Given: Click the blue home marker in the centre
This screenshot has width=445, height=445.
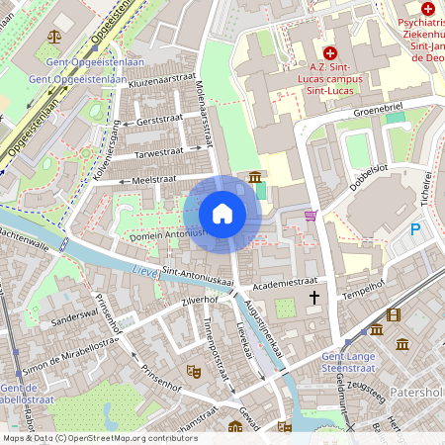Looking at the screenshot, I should [222, 213].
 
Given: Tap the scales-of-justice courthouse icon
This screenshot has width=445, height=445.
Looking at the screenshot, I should [52, 34].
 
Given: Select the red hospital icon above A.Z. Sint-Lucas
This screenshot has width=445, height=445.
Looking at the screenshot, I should [329, 50].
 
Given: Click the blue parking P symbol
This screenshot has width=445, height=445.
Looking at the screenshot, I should [415, 229].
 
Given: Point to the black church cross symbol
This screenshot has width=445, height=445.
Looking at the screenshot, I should [315, 297].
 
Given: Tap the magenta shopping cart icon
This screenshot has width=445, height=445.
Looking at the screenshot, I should [311, 215].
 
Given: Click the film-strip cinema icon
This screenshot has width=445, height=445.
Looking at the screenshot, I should [395, 315].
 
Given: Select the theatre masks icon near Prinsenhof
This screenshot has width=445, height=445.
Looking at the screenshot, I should [195, 370].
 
